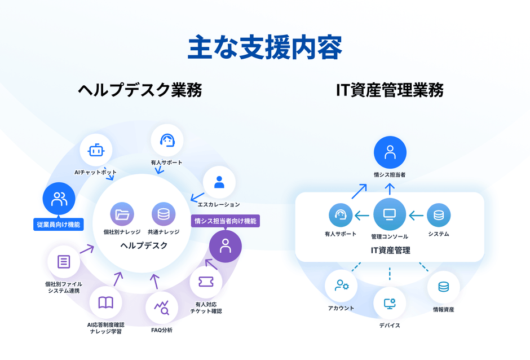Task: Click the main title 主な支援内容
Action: click(264, 47)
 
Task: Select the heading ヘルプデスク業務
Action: click(140, 90)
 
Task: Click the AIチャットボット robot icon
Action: click(96, 151)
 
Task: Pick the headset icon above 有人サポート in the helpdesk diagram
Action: click(167, 141)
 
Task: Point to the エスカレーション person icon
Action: click(219, 182)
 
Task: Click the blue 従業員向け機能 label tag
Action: click(59, 225)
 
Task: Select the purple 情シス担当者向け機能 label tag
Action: click(226, 221)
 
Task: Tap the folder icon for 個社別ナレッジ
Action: click(122, 214)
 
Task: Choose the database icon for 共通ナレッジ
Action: click(164, 214)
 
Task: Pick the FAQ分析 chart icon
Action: click(162, 308)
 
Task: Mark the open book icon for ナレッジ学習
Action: click(105, 303)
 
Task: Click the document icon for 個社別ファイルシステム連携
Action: click(64, 262)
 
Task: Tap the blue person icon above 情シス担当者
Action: click(390, 152)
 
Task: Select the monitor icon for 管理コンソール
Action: click(390, 214)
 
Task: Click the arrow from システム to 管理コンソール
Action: click(416, 215)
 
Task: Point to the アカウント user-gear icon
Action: click(342, 286)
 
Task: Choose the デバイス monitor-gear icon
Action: click(390, 303)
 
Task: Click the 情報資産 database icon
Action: click(443, 287)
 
